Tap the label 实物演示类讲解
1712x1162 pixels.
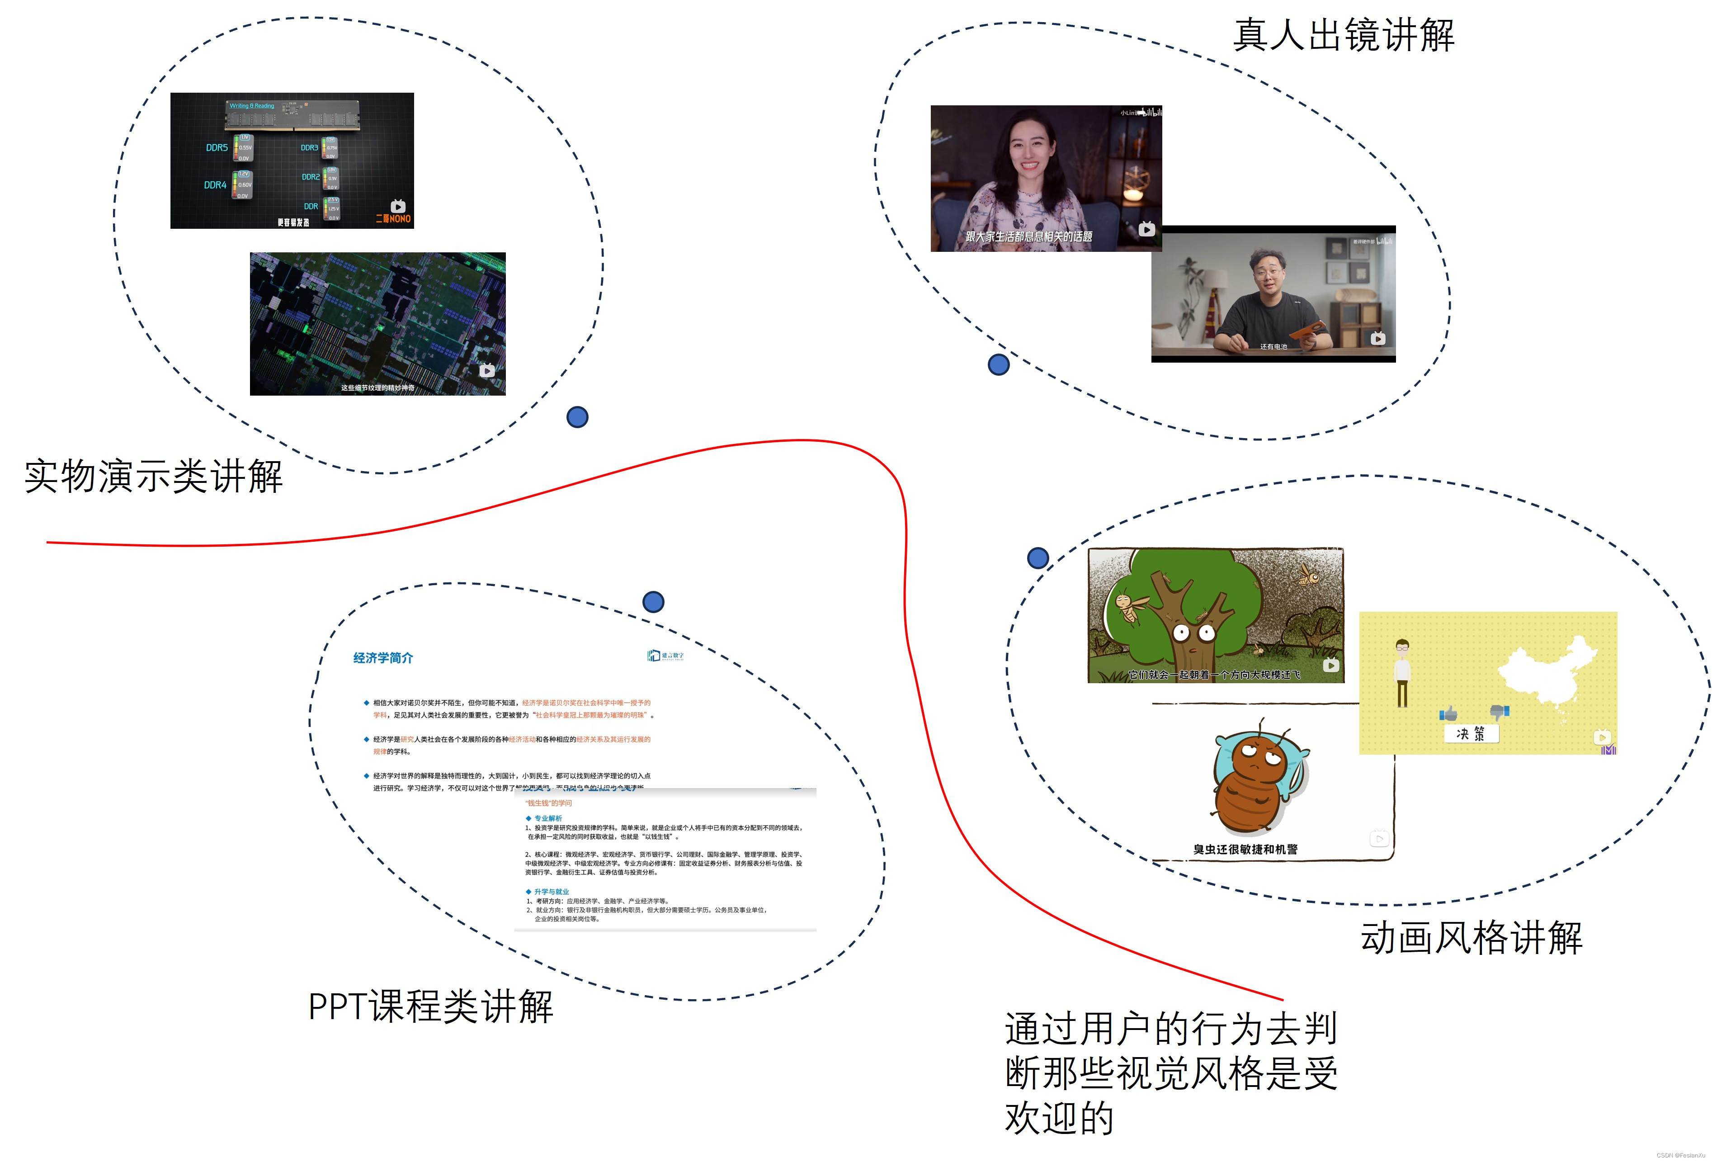[153, 476]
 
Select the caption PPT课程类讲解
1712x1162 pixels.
[430, 1006]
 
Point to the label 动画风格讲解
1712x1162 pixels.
[1471, 938]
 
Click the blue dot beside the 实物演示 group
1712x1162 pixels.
[577, 417]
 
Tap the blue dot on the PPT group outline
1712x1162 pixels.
[653, 602]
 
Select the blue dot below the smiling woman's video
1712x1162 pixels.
[998, 364]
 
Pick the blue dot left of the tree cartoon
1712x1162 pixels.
[1037, 558]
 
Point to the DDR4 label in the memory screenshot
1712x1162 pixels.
[215, 185]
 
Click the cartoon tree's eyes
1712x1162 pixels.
[1193, 632]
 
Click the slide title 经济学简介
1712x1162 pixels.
[383, 658]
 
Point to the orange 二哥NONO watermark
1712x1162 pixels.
[393, 219]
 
